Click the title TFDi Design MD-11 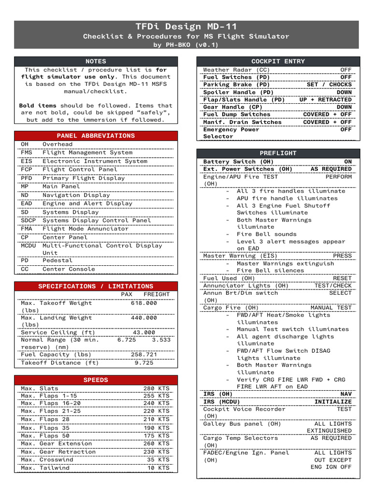(x=186, y=27)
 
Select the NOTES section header (x=96, y=61)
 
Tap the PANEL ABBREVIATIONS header (x=96, y=136)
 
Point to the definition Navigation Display (x=76, y=195)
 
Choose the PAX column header (x=126, y=294)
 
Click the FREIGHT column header (x=157, y=294)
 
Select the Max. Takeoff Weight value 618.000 (x=143, y=303)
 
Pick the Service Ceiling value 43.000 (x=143, y=332)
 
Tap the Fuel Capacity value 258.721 (x=143, y=355)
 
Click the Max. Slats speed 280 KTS (x=156, y=388)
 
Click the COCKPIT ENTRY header (x=278, y=61)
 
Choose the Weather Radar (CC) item (x=236, y=70)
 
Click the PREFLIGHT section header (x=278, y=153)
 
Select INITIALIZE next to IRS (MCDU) (x=333, y=402)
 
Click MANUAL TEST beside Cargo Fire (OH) (x=331, y=308)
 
